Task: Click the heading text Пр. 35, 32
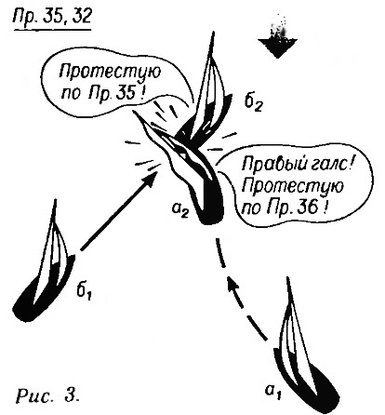tap(52, 17)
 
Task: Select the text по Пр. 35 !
tap(103, 92)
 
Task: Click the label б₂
tap(254, 103)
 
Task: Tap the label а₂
tap(180, 211)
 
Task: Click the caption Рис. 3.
tap(47, 395)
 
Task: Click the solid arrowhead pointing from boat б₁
tap(148, 180)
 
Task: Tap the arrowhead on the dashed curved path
tap(233, 284)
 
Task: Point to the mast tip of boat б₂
tap(213, 32)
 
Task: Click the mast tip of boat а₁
tap(289, 278)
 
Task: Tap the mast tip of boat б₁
tap(56, 200)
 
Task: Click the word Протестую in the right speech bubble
tap(293, 187)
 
